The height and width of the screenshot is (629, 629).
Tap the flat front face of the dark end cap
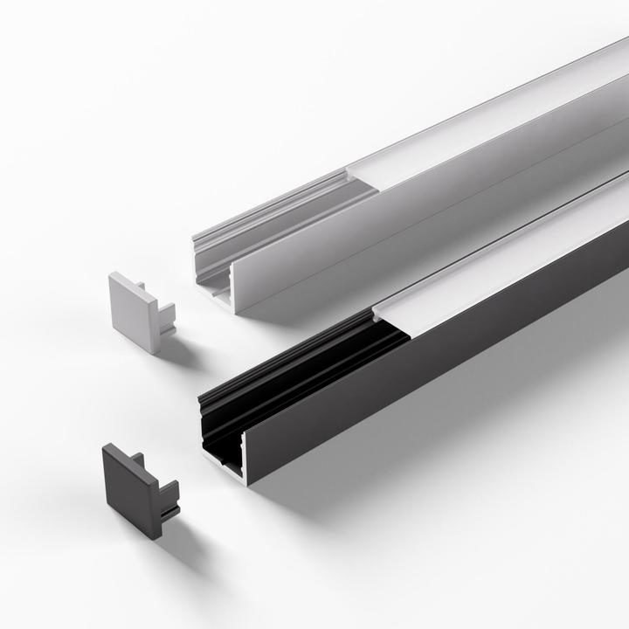coord(127,481)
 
